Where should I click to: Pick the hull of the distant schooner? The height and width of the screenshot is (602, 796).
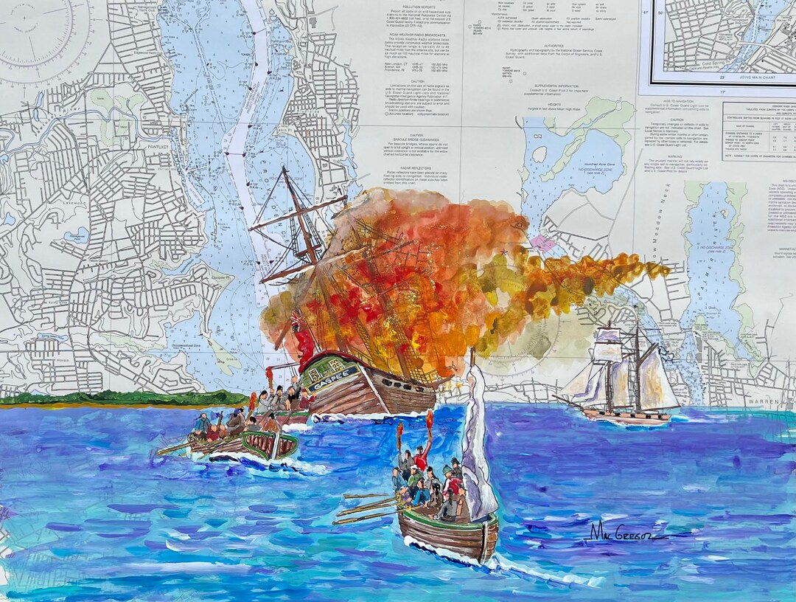click(625, 417)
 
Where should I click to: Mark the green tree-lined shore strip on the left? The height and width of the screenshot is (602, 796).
click(125, 398)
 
